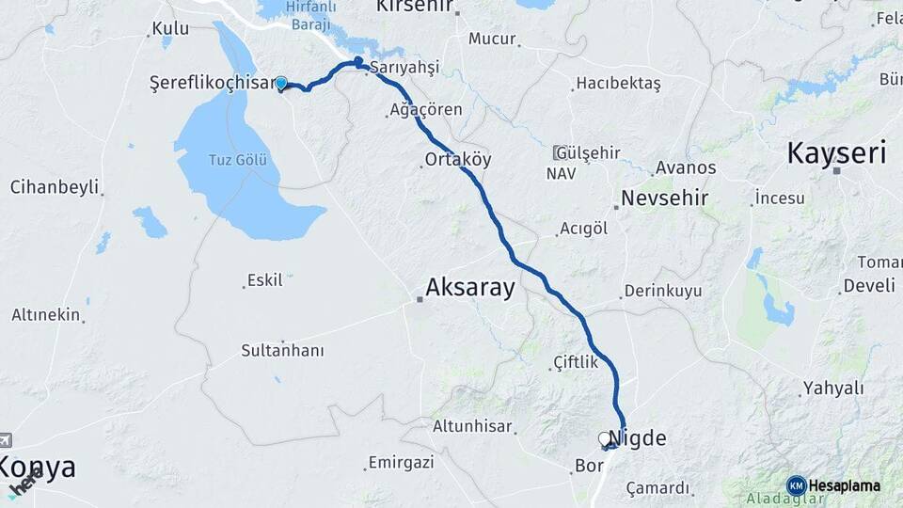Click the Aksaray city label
(470, 287)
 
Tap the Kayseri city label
(836, 152)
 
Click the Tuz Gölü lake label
(238, 160)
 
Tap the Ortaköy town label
(458, 159)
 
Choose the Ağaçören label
(428, 110)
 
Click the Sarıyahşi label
(404, 68)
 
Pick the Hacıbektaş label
(618, 84)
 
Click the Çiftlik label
(576, 361)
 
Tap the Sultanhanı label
(282, 350)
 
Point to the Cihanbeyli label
(55, 186)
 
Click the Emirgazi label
(402, 462)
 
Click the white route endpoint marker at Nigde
(605, 438)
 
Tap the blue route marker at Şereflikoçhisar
(280, 83)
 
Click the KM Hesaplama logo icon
(797, 485)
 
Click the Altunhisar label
(472, 426)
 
